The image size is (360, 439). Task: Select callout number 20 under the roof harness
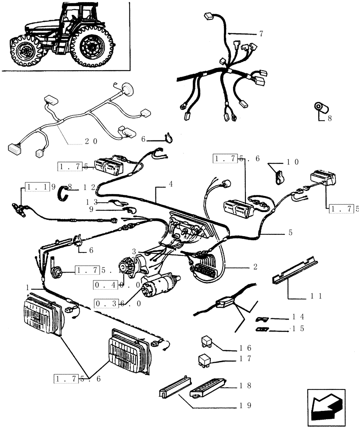pos(91,141)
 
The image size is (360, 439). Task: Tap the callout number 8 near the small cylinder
pos(330,118)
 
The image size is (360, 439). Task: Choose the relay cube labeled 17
pos(204,359)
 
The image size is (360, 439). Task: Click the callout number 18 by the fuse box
pos(245,386)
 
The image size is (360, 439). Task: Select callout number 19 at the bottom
pos(245,406)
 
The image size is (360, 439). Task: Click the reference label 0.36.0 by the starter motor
pos(117,303)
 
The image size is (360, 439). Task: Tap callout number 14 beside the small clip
pos(297,317)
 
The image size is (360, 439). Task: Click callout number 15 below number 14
pos(297,328)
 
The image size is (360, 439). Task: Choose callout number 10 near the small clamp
pos(293,162)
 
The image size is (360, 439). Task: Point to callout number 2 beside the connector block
pos(256,266)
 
